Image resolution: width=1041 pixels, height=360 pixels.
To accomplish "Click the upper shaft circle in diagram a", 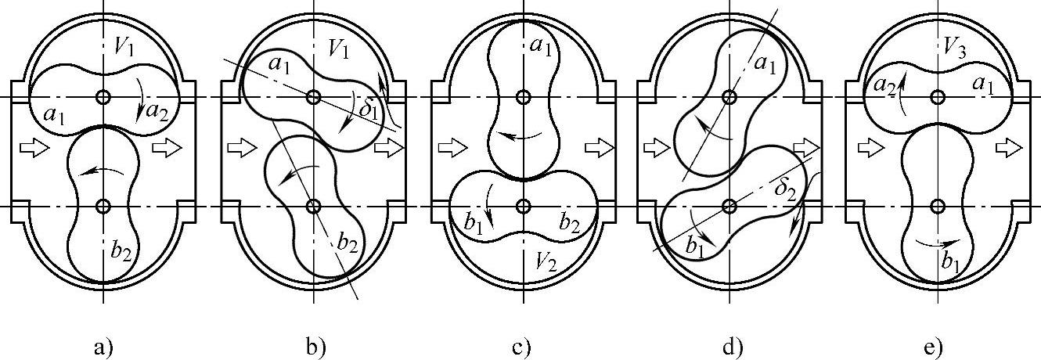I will point(103,97).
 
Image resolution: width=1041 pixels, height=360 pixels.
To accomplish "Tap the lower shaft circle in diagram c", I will point(523,206).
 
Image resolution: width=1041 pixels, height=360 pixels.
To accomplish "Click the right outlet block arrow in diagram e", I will point(1009,148).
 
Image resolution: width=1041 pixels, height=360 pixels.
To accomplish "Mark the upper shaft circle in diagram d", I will point(729,97).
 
